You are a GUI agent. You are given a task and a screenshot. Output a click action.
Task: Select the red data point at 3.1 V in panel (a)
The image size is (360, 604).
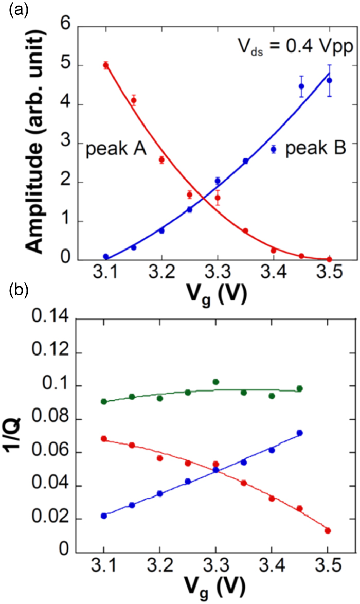[105, 65]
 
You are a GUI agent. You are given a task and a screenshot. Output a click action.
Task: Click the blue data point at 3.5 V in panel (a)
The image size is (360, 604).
[329, 81]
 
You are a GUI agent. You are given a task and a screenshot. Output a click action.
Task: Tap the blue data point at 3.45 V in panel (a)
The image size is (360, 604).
[301, 86]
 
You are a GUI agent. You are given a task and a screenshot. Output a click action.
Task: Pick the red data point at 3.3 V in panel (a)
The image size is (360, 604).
[218, 198]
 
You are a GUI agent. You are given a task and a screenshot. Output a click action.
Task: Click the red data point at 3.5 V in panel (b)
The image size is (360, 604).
[328, 530]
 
